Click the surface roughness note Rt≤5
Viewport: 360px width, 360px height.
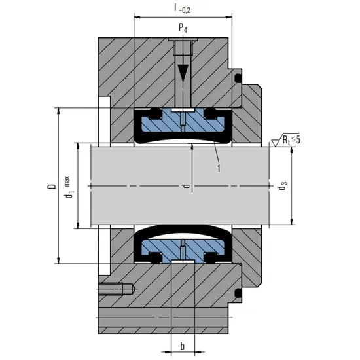289,139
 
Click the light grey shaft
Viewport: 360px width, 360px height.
131,187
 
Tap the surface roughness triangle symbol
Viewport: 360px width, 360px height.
276,140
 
